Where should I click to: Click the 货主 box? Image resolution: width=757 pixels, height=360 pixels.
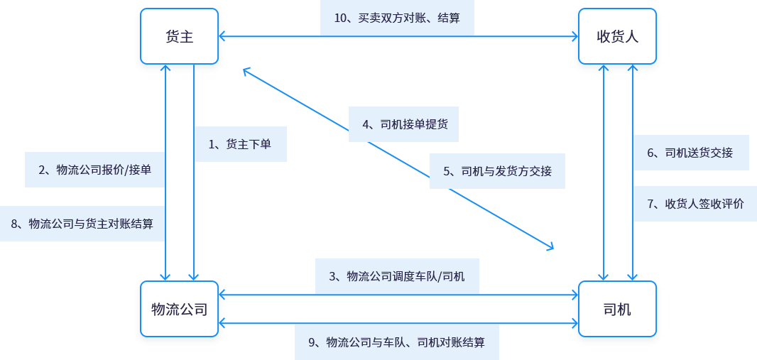click(179, 37)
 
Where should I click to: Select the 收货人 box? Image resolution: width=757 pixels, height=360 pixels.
click(617, 37)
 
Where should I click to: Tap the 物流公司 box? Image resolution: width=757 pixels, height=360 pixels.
click(179, 310)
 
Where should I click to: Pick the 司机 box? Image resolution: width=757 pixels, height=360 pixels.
click(617, 310)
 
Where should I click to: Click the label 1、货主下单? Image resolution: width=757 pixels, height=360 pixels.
click(240, 144)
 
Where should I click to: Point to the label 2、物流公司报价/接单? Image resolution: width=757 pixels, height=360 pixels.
click(94, 170)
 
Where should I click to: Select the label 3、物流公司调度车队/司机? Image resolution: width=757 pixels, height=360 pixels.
click(397, 276)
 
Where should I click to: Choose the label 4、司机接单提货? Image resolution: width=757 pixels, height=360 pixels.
click(403, 125)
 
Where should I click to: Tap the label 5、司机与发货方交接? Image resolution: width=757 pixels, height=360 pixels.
click(497, 171)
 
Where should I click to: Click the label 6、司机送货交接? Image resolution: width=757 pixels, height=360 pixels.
click(690, 153)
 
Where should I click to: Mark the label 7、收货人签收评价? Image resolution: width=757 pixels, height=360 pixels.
click(695, 204)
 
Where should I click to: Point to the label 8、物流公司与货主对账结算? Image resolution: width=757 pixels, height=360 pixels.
click(82, 224)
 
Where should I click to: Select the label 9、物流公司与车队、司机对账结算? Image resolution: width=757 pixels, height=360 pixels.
click(396, 342)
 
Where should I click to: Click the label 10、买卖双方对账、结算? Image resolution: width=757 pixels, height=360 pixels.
click(396, 18)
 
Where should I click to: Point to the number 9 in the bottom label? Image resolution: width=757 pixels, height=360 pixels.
click(312, 342)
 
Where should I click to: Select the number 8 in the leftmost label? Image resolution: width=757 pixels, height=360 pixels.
click(14, 224)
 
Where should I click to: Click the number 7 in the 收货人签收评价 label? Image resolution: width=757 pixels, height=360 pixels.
click(651, 204)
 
